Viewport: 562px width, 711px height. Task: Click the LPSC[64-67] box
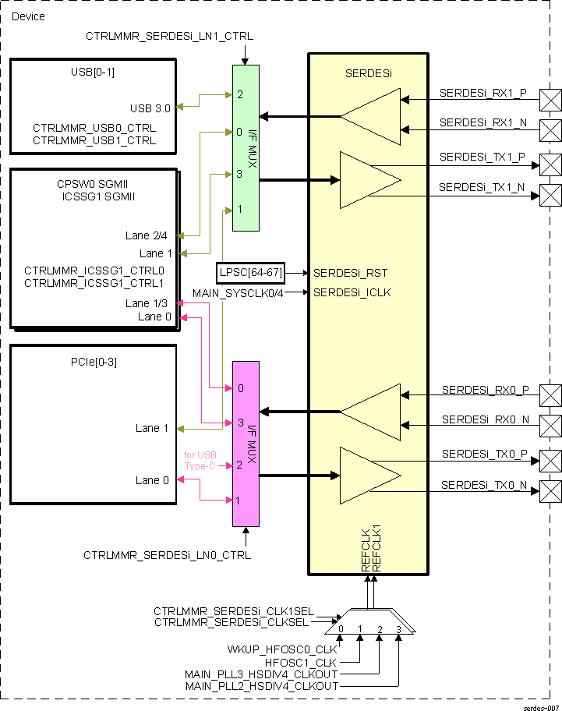click(250, 273)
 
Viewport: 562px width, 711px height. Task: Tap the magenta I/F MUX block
click(246, 444)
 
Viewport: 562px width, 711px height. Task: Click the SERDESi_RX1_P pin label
click(483, 93)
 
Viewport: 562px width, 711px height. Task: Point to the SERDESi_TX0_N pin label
click(484, 485)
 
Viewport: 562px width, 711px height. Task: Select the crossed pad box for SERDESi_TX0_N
click(551, 491)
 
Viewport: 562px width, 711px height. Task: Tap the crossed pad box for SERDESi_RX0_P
click(551, 394)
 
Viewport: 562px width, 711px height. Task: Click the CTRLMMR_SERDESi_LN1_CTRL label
click(169, 36)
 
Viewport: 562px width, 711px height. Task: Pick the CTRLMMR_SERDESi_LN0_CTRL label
click(168, 555)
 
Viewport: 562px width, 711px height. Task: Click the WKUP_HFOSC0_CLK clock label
click(282, 649)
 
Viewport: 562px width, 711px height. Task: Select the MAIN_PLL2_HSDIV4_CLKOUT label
click(261, 686)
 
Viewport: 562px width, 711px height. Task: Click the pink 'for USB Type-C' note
click(200, 460)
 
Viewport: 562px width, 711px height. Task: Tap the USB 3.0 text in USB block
click(152, 108)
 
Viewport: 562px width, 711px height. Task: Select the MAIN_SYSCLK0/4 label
click(239, 293)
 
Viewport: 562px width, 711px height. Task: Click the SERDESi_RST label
click(350, 273)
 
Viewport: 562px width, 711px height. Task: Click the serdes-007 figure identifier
click(541, 706)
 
